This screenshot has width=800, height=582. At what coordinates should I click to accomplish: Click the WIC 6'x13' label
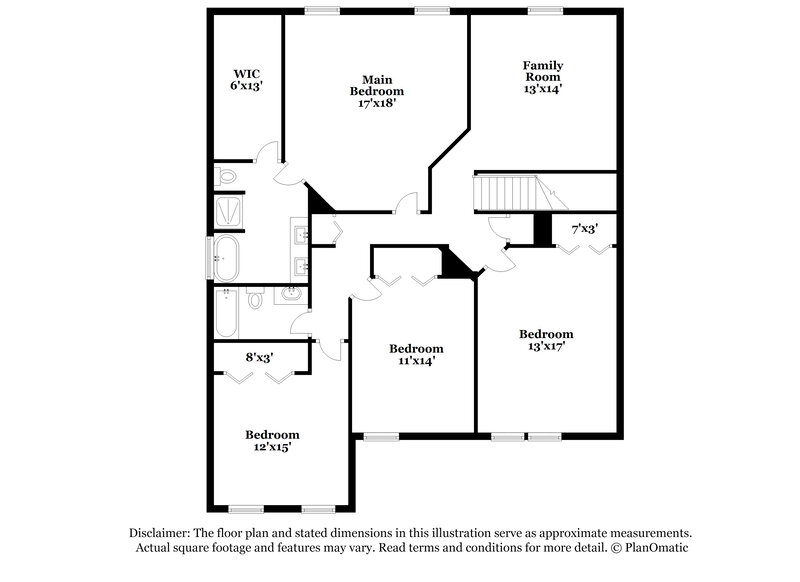[x=247, y=80]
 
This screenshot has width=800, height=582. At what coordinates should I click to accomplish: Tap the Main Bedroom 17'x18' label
[x=377, y=90]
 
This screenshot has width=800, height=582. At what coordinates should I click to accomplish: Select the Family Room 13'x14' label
[x=542, y=76]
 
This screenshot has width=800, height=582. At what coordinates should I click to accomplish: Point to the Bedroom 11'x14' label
[x=416, y=355]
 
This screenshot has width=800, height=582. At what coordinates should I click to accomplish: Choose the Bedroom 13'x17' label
[x=546, y=341]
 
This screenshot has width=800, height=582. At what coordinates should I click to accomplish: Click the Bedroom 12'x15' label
[x=273, y=441]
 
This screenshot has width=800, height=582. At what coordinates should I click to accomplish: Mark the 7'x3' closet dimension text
[x=584, y=229]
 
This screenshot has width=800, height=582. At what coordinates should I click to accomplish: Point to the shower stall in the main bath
[x=226, y=212]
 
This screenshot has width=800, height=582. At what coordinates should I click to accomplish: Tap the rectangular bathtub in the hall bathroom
[x=225, y=313]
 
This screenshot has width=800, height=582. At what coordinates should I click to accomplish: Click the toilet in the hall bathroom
[x=256, y=299]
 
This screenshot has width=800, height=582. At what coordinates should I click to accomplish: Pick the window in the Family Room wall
[x=543, y=11]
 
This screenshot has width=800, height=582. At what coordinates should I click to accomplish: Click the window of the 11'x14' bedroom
[x=381, y=436]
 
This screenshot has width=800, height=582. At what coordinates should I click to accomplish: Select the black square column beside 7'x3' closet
[x=542, y=229]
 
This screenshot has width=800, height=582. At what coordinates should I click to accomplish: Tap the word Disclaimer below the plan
[x=162, y=533]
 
